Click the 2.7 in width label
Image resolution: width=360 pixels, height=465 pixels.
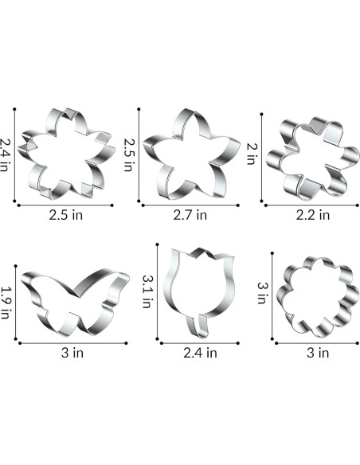click(x=190, y=215)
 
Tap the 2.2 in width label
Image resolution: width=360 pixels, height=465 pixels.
click(x=313, y=215)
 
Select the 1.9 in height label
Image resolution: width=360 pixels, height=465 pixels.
click(x=6, y=303)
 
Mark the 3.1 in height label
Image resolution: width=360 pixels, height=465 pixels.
click(x=147, y=291)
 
